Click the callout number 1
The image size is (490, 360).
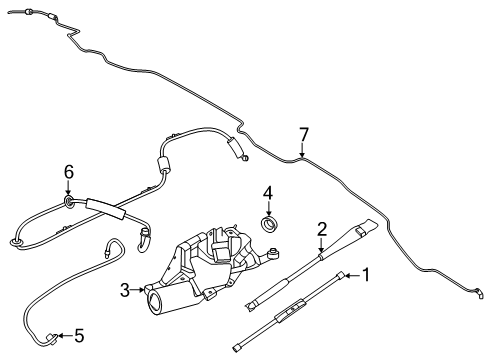(367, 273)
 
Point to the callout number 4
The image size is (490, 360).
(268, 192)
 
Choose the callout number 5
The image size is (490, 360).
(80, 335)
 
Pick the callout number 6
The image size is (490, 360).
(68, 172)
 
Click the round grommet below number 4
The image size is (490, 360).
(268, 223)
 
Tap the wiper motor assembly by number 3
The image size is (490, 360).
(215, 265)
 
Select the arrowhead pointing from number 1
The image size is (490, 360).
(346, 273)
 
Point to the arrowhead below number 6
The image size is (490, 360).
(68, 196)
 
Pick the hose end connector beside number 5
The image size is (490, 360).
(58, 335)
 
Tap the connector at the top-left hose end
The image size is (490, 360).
(29, 12)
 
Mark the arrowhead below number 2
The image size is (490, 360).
(322, 252)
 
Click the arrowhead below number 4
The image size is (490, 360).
(268, 212)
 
